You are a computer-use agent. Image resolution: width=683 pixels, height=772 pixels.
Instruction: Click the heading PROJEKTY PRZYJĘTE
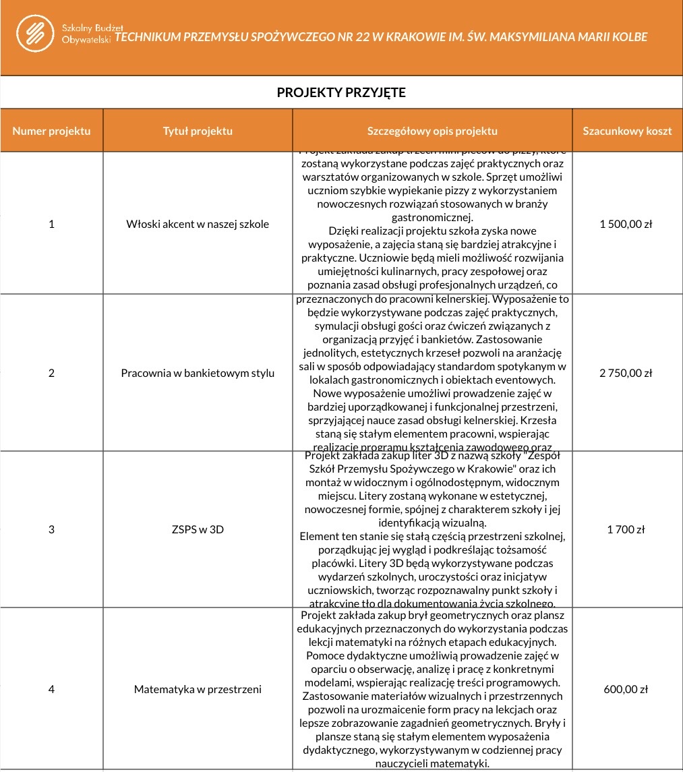(341, 92)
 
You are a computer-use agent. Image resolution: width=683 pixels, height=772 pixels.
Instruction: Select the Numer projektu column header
(51, 131)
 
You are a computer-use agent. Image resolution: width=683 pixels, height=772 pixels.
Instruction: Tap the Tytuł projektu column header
(198, 131)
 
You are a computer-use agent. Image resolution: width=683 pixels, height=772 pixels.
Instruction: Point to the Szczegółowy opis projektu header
(432, 131)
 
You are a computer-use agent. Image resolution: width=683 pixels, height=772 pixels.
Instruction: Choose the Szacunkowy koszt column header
(627, 131)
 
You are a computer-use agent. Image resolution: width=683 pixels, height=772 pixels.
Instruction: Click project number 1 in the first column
(51, 224)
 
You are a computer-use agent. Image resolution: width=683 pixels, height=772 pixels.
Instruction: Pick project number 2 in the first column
(51, 373)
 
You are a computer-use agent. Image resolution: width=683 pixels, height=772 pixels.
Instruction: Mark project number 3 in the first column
(51, 529)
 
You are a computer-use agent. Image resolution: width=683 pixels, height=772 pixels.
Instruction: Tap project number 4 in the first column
(51, 689)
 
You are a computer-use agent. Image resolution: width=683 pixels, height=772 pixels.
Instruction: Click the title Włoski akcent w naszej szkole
(198, 224)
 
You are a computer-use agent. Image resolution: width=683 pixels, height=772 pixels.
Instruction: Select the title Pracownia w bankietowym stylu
(198, 373)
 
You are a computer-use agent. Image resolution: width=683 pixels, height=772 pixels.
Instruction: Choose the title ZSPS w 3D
(198, 529)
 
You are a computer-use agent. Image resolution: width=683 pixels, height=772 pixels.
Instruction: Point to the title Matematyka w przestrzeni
(198, 689)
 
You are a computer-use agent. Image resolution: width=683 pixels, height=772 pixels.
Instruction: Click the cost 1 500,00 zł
(626, 224)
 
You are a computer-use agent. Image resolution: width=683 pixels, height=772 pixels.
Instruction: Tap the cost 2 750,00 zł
(626, 373)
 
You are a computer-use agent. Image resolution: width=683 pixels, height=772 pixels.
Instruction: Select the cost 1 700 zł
(626, 529)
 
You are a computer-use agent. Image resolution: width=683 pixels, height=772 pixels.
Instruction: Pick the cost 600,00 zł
(626, 689)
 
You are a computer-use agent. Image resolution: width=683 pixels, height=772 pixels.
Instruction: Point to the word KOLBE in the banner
(629, 37)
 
